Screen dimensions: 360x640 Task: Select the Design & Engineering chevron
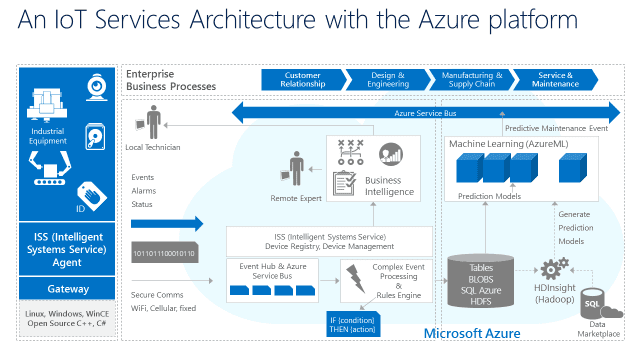pos(386,79)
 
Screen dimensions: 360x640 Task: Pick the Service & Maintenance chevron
pos(556,79)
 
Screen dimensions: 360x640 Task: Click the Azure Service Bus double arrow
pos(421,113)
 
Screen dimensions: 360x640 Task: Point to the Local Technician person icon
pos(153,124)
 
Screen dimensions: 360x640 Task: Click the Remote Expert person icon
pos(296,166)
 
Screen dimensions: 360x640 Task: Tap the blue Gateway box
pos(68,288)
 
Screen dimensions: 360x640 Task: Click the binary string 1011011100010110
pos(164,254)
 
